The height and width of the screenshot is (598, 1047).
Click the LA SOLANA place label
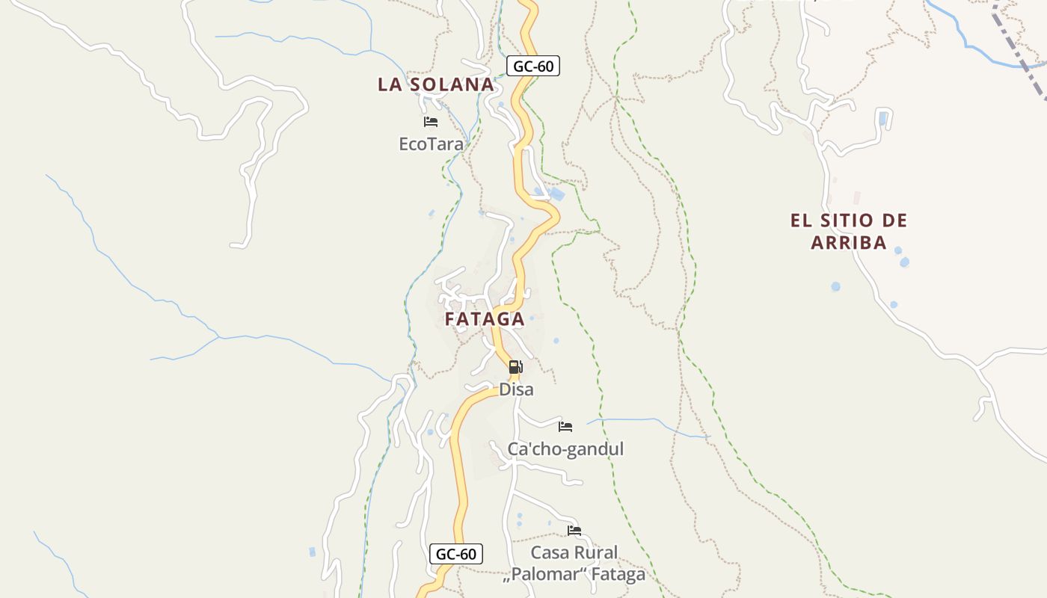pyautogui.click(x=436, y=84)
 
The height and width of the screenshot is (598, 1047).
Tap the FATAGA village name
pyautogui.click(x=485, y=319)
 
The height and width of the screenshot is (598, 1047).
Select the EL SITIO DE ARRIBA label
pyautogui.click(x=849, y=231)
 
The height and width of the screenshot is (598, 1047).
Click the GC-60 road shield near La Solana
pyautogui.click(x=533, y=67)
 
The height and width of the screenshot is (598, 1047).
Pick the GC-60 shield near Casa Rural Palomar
pyautogui.click(x=456, y=554)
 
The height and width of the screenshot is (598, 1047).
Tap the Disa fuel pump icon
pyautogui.click(x=515, y=367)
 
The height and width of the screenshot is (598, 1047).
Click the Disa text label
pyautogui.click(x=516, y=389)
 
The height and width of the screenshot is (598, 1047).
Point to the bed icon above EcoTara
pyautogui.click(x=431, y=121)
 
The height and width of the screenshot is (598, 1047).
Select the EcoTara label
pyautogui.click(x=431, y=144)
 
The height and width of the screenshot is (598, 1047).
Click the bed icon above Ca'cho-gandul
pyautogui.click(x=565, y=427)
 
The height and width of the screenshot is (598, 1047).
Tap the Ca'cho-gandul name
pyautogui.click(x=565, y=449)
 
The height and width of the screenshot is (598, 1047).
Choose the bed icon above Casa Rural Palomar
pyautogui.click(x=574, y=531)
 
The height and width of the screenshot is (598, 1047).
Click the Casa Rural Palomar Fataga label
pyautogui.click(x=574, y=564)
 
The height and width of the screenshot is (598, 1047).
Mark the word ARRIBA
pyautogui.click(x=849, y=242)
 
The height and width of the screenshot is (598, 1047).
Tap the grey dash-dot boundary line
pyautogui.click(x=1021, y=56)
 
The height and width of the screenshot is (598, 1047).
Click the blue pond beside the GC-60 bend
pyautogui.click(x=557, y=194)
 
